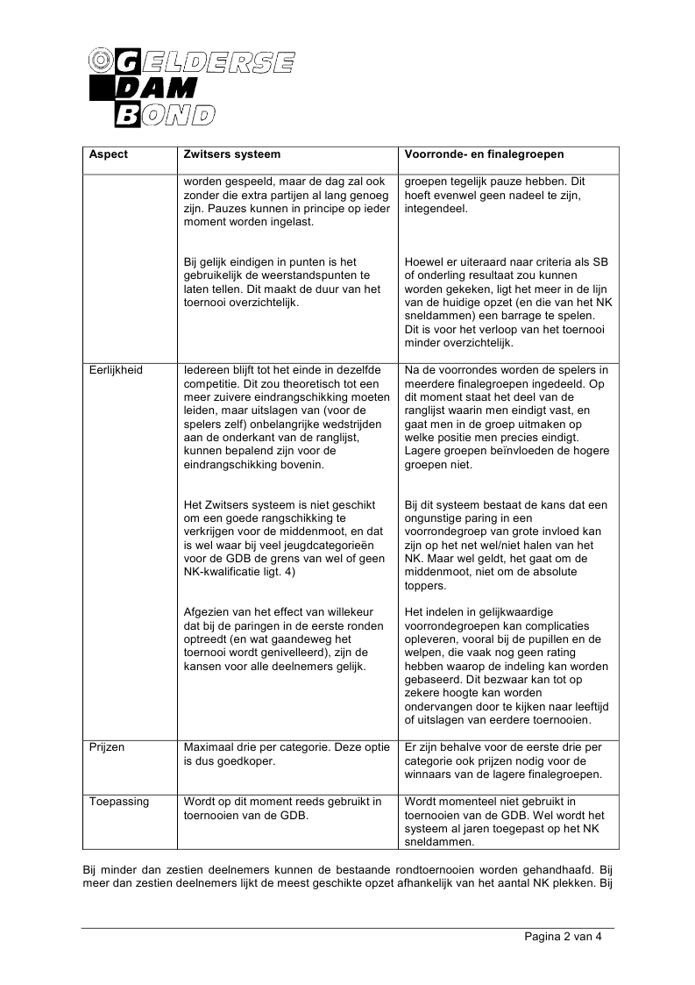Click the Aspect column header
click(109, 154)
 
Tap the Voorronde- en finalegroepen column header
click(484, 154)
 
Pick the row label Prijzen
click(107, 747)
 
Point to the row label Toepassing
click(119, 802)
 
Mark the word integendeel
click(437, 210)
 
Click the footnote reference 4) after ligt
click(288, 572)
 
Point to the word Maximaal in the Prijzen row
click(210, 747)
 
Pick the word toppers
click(425, 586)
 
